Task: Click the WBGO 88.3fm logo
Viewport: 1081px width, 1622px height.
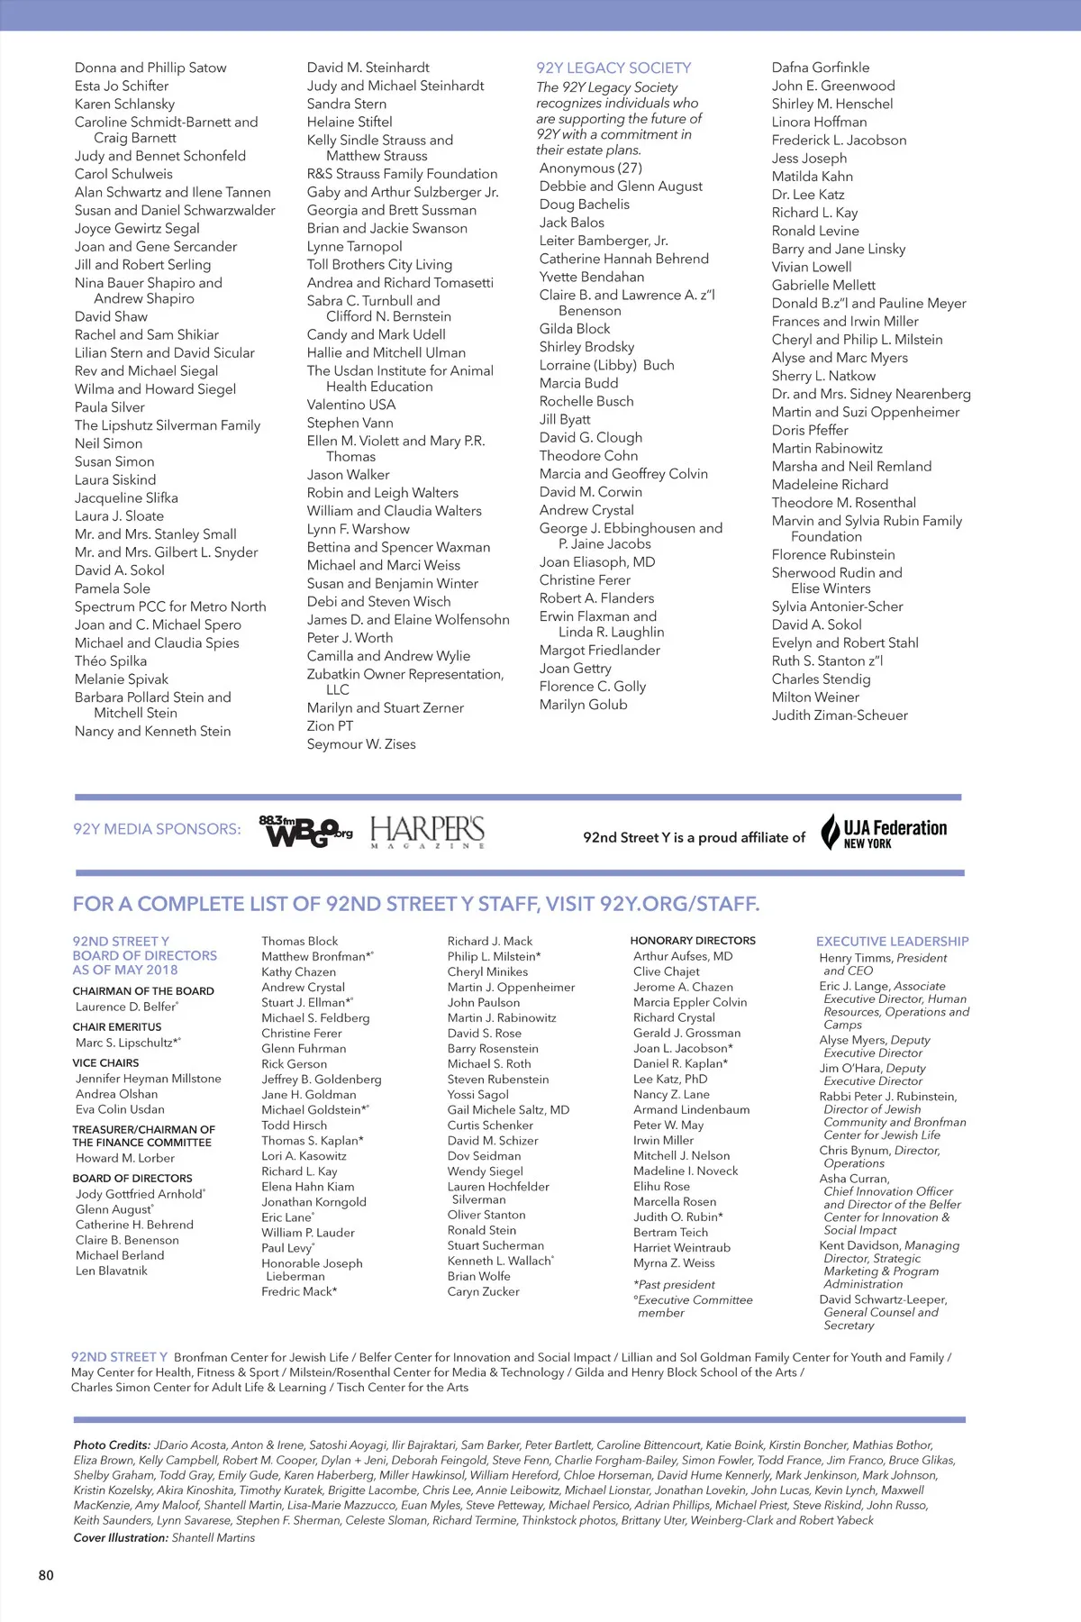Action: pyautogui.click(x=305, y=831)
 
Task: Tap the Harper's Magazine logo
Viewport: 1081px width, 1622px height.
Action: pyautogui.click(x=427, y=831)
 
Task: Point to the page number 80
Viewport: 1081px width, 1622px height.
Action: pyautogui.click(x=46, y=1575)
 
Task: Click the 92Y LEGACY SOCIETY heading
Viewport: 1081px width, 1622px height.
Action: pyautogui.click(x=613, y=68)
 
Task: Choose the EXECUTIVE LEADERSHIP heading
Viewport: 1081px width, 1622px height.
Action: pyautogui.click(x=892, y=941)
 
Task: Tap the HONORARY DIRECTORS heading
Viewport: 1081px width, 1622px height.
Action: pyautogui.click(x=693, y=940)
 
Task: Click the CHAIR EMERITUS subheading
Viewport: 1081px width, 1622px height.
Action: pyautogui.click(x=117, y=1026)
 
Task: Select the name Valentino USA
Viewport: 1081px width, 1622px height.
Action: pyautogui.click(x=351, y=405)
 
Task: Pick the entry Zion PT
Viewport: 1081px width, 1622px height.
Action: pyautogui.click(x=330, y=725)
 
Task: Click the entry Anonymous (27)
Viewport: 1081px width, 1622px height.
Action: pyautogui.click(x=591, y=168)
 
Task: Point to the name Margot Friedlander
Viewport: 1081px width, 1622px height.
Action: pyautogui.click(x=600, y=650)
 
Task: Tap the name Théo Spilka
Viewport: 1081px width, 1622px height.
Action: pyautogui.click(x=111, y=661)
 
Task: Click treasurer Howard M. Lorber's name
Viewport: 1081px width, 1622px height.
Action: pyautogui.click(x=125, y=1158)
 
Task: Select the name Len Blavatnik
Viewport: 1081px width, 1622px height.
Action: pyautogui.click(x=112, y=1271)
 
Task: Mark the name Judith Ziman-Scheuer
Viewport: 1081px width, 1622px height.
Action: pyautogui.click(x=840, y=715)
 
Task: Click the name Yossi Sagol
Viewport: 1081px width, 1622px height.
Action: pyautogui.click(x=478, y=1094)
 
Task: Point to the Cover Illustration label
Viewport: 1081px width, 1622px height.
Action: pyautogui.click(x=121, y=1537)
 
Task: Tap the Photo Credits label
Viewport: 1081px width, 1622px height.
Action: pyautogui.click(x=112, y=1444)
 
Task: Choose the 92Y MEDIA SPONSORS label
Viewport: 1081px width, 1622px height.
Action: pyautogui.click(x=157, y=829)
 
